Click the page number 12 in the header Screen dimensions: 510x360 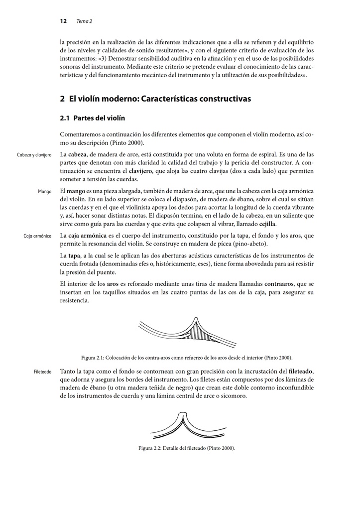63,21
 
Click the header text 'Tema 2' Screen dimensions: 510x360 84,21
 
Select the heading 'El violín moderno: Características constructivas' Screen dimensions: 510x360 155,99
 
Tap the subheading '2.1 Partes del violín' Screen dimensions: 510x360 92,119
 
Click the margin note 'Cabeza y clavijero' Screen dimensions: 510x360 34,155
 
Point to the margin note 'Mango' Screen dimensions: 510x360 44,192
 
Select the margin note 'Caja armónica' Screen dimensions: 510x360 37,236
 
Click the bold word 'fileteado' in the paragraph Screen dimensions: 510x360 301,372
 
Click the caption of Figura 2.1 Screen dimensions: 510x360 187,358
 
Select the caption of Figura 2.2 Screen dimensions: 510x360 187,448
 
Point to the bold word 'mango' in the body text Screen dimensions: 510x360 76,191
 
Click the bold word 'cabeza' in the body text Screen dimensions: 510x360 77,154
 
